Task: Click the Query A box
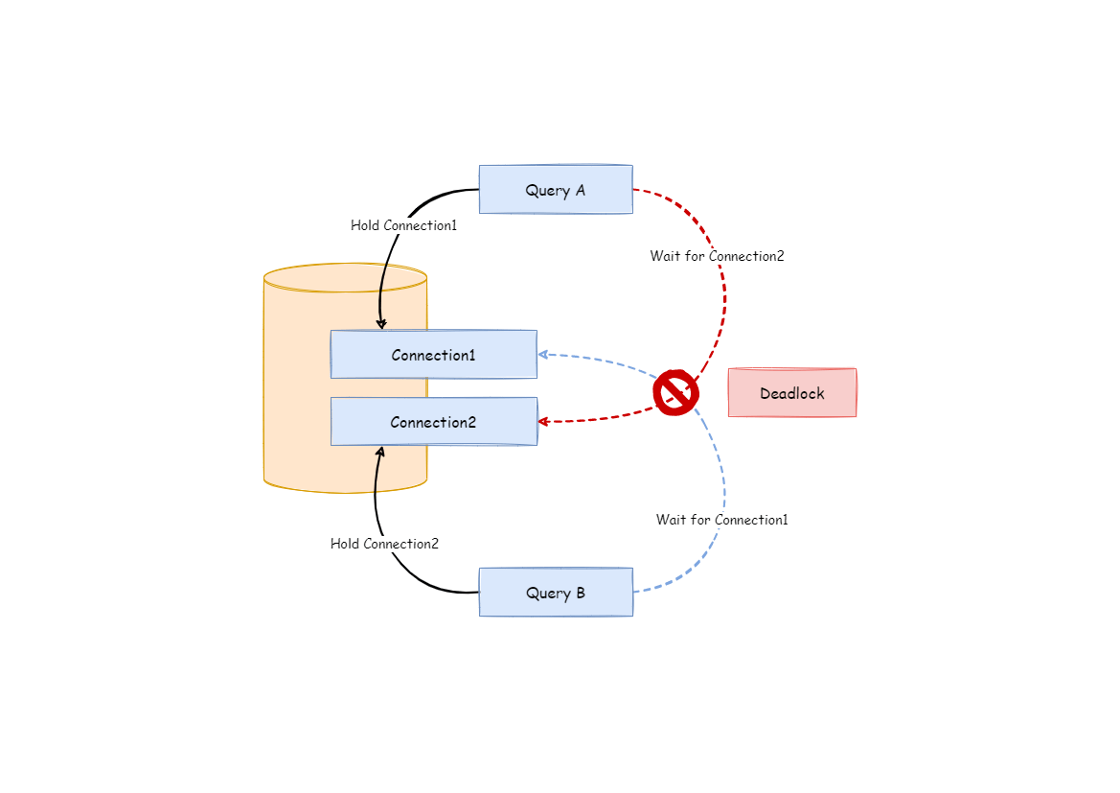(556, 190)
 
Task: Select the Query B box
(556, 593)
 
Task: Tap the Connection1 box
(433, 355)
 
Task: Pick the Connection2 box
(433, 422)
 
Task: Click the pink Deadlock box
(792, 393)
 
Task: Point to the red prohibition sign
(675, 392)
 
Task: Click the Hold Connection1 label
(403, 225)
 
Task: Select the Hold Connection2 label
(384, 544)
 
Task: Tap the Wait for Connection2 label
(717, 256)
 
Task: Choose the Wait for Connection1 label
(721, 520)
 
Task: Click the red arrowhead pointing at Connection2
(542, 421)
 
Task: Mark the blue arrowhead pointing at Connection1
(542, 354)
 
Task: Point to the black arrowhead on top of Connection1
(381, 324)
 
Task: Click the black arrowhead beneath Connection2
(380, 451)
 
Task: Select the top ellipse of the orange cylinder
(345, 278)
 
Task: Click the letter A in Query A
(580, 190)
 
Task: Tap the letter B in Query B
(580, 593)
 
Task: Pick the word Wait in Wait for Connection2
(665, 256)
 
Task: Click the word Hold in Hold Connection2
(345, 544)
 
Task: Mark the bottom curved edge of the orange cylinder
(345, 491)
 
